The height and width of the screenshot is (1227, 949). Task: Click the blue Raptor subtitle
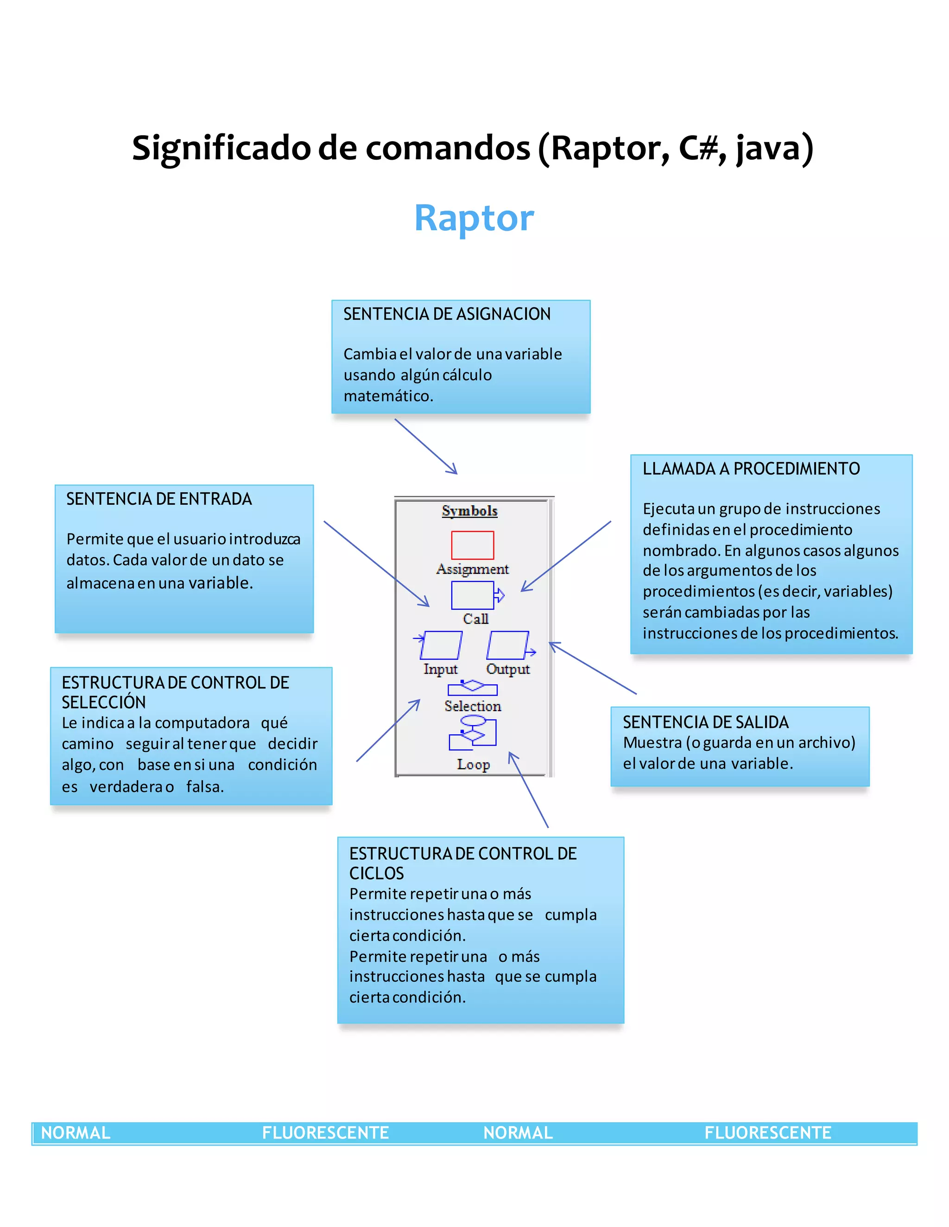click(474, 218)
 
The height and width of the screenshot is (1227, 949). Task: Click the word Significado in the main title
click(221, 148)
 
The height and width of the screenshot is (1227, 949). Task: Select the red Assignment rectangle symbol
click(472, 545)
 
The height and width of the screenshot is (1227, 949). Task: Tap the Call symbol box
click(472, 595)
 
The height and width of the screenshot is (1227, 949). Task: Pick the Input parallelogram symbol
click(441, 645)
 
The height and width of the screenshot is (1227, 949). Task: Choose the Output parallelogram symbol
click(508, 645)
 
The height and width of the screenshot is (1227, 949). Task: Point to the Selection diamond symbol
click(472, 687)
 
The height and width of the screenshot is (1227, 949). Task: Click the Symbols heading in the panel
click(469, 511)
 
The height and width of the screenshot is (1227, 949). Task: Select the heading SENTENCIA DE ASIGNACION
click(447, 314)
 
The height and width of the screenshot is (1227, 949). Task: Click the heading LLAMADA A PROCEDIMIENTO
click(751, 469)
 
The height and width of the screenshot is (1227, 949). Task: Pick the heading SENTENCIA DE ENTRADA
click(159, 499)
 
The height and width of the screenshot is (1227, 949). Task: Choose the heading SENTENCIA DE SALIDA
click(706, 722)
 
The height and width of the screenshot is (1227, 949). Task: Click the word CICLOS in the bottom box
click(377, 874)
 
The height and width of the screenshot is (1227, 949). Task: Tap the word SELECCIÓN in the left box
click(104, 702)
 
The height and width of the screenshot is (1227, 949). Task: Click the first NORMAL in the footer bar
click(76, 1133)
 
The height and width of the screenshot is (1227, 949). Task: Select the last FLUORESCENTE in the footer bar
click(767, 1133)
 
